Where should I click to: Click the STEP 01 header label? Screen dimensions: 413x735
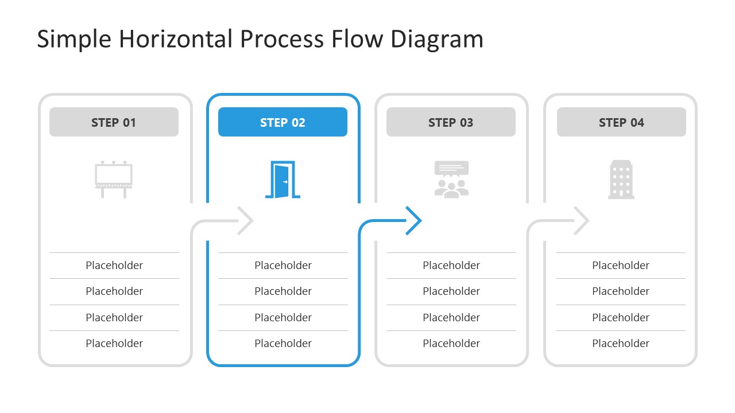114,122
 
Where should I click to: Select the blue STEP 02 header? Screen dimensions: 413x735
283,122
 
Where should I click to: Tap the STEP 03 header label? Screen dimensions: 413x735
451,122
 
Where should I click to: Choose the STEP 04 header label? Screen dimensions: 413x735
621,122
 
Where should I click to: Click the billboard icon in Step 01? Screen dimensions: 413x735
114,180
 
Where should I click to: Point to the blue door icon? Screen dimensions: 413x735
283,180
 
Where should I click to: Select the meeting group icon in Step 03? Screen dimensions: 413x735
451,180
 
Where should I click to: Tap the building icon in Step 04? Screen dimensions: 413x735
621,180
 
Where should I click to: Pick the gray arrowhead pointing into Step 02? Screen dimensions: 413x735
246,220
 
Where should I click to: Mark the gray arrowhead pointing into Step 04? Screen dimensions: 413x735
582,220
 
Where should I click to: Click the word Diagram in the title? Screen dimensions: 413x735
437,39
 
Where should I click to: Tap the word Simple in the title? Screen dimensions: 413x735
75,39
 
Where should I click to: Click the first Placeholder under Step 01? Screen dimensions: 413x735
114,265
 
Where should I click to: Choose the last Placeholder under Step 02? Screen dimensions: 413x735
283,343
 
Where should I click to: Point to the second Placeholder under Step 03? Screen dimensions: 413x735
451,291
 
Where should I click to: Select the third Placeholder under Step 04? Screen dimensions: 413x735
621,317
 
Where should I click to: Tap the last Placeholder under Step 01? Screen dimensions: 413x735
114,343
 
